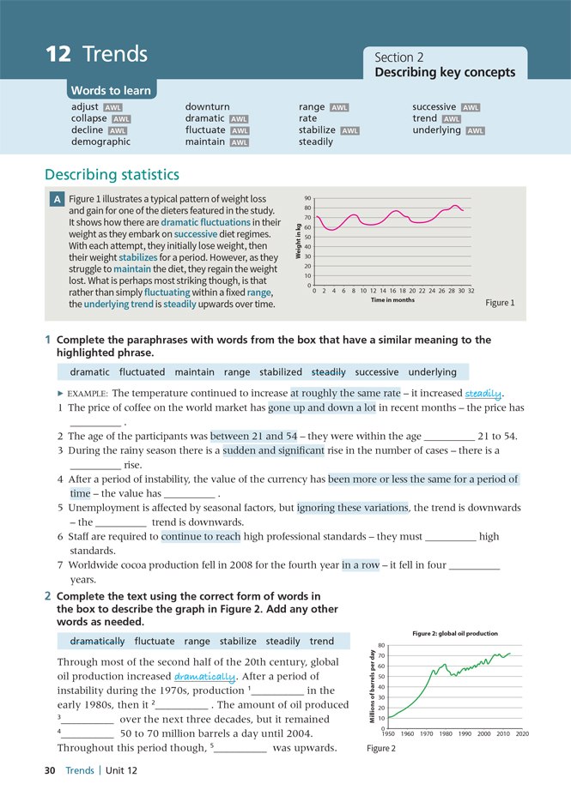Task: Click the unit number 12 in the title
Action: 58,55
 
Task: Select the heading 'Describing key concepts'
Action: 445,73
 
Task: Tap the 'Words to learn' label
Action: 111,91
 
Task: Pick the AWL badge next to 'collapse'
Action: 122,119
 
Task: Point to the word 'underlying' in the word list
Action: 436,130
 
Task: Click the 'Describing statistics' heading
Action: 112,175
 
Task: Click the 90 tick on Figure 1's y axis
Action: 307,198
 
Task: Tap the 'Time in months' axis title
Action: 392,300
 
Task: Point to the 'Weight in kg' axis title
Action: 299,241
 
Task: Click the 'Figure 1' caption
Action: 500,303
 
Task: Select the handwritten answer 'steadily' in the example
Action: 483,394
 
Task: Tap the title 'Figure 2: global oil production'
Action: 455,633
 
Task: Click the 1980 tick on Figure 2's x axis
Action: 445,734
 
